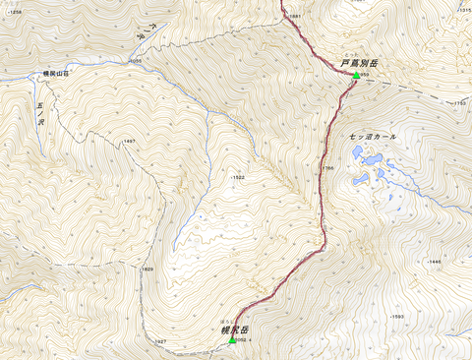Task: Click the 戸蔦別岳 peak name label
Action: [x=360, y=63]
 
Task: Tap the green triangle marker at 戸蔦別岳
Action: [x=356, y=75]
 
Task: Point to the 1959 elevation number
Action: [x=364, y=75]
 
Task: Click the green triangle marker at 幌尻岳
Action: [x=232, y=341]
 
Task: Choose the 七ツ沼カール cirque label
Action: [x=373, y=136]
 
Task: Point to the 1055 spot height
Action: [x=135, y=61]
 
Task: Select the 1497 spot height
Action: [x=128, y=142]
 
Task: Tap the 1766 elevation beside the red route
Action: [x=329, y=168]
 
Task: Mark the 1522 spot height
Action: [x=237, y=177]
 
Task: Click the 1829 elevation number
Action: [x=147, y=269]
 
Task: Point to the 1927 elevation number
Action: [x=159, y=341]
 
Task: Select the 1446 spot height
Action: [x=435, y=262]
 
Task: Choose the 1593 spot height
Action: [x=397, y=316]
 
